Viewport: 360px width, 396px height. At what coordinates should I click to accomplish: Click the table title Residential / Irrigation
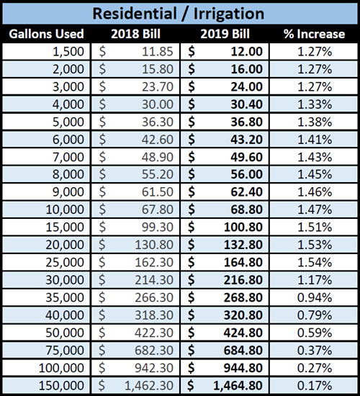(179, 14)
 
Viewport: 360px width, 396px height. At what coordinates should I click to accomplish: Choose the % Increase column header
(315, 34)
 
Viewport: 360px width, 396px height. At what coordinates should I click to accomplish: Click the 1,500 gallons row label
(71, 52)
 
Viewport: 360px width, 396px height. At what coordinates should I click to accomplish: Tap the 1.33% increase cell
(315, 104)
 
